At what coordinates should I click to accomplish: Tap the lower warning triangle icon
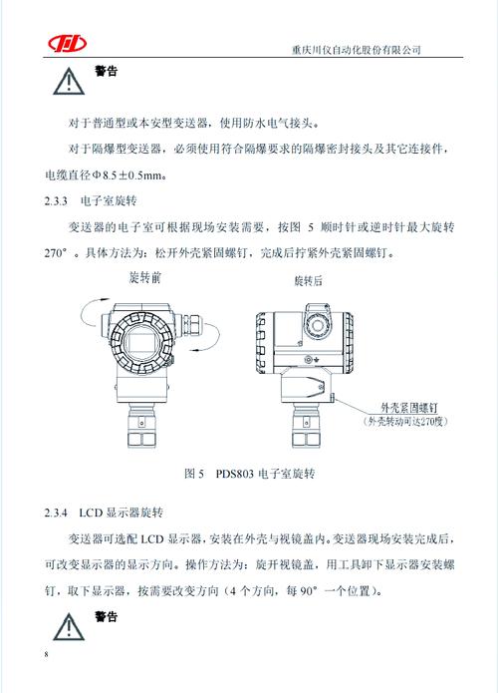67,626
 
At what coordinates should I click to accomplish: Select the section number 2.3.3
60,201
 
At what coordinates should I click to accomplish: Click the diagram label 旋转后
311,282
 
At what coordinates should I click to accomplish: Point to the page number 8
46,654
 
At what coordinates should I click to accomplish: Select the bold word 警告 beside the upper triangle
106,72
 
